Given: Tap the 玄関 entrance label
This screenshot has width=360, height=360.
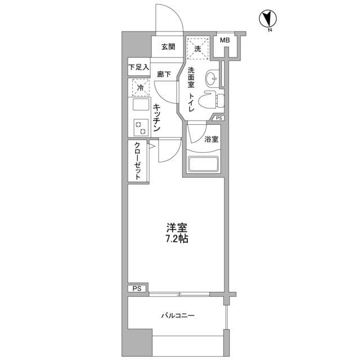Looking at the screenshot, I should click(168, 47).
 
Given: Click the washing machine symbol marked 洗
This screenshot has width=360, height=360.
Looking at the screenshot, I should click(198, 48).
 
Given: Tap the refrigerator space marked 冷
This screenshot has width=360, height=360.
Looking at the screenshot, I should click(140, 87).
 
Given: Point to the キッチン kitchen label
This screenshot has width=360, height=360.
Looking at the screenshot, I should click(157, 118).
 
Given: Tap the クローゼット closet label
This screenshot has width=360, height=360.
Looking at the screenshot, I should click(138, 161).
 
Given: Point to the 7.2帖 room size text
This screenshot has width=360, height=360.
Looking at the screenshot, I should click(176, 238).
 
